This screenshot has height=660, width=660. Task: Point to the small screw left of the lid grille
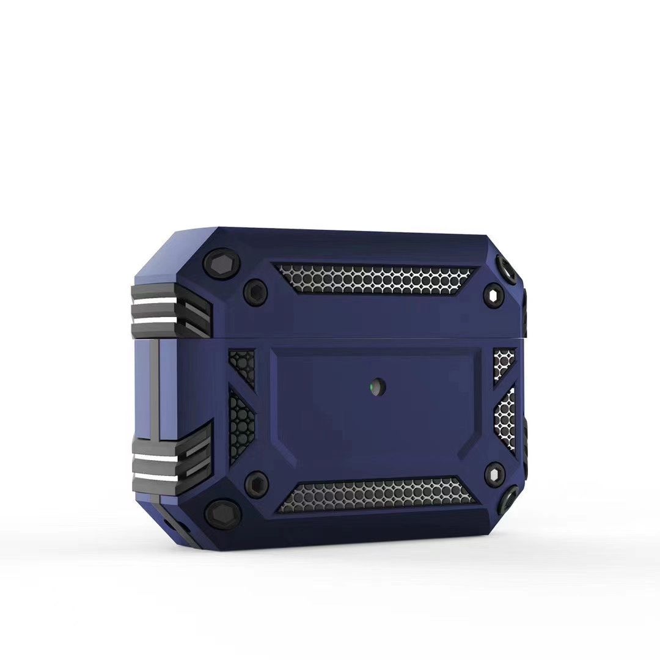point(255,292)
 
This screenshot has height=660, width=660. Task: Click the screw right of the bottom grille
point(494,474)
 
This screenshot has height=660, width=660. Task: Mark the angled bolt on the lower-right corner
point(509,498)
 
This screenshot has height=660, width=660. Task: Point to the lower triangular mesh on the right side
point(505,419)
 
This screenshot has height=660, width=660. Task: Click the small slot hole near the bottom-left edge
point(167,524)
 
